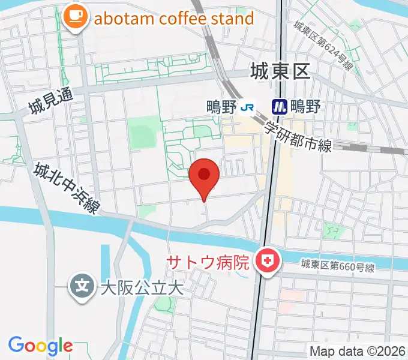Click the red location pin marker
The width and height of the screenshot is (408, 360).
point(204,176)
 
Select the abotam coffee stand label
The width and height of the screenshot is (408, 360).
point(174,18)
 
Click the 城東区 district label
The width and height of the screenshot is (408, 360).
point(280,73)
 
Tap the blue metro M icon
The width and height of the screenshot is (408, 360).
point(279,107)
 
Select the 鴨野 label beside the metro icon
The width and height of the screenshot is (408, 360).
point(305,107)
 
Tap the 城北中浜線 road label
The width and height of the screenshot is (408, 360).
point(66,188)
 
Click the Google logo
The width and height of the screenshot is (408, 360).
point(40,346)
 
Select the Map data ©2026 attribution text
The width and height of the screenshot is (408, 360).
point(356,350)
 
